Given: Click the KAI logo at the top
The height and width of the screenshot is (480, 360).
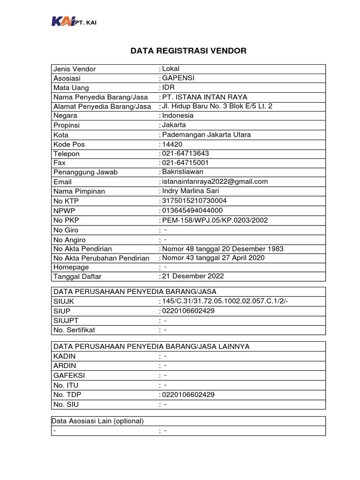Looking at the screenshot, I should pos(62,22).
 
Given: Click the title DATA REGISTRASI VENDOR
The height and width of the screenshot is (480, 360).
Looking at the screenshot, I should pos(188,51).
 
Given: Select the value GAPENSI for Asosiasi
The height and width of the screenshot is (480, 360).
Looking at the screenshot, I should pos(178,78).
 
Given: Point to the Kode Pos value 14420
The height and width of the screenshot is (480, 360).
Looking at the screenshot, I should pos(172,144).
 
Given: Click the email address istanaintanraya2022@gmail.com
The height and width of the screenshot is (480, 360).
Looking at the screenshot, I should pos(215,182).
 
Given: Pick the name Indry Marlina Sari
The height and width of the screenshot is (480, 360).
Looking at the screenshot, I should pos(190,191).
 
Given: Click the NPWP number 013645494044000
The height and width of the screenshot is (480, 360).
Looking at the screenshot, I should pos(191,210).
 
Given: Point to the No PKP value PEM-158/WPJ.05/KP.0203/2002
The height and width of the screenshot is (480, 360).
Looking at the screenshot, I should pos(215,220).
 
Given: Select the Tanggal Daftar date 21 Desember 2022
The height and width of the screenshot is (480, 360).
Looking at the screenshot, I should pos(193,276).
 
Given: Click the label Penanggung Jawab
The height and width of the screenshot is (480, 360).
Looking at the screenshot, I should pos(86,172).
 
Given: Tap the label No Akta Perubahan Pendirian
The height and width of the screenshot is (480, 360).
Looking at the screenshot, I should pos(102,258).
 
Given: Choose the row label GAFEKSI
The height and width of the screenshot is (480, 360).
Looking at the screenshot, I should pos(69,375).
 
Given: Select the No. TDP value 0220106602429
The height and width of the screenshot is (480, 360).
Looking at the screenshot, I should pos(188,395).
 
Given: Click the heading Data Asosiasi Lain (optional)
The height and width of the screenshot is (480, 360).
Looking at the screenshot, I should pos(98,420).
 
